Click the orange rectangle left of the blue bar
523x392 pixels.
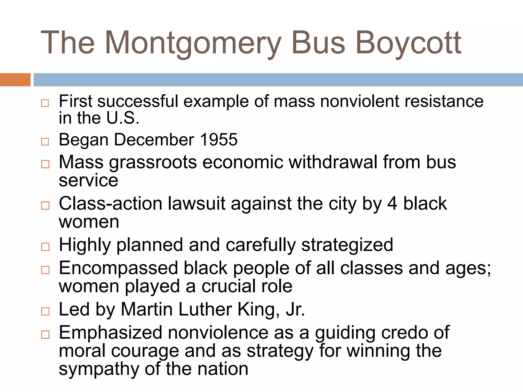(15, 80)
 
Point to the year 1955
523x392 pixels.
(219, 140)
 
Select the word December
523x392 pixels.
(154, 140)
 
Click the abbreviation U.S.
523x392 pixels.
(123, 118)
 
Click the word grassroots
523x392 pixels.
(153, 163)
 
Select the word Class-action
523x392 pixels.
(110, 204)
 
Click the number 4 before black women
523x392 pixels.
(392, 204)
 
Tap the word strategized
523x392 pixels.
(347, 245)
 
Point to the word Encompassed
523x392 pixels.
(118, 268)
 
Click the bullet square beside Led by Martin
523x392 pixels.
(45, 311)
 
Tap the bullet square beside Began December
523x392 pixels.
(45, 142)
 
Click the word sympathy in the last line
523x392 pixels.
(99, 369)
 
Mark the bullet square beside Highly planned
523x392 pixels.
(45, 247)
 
